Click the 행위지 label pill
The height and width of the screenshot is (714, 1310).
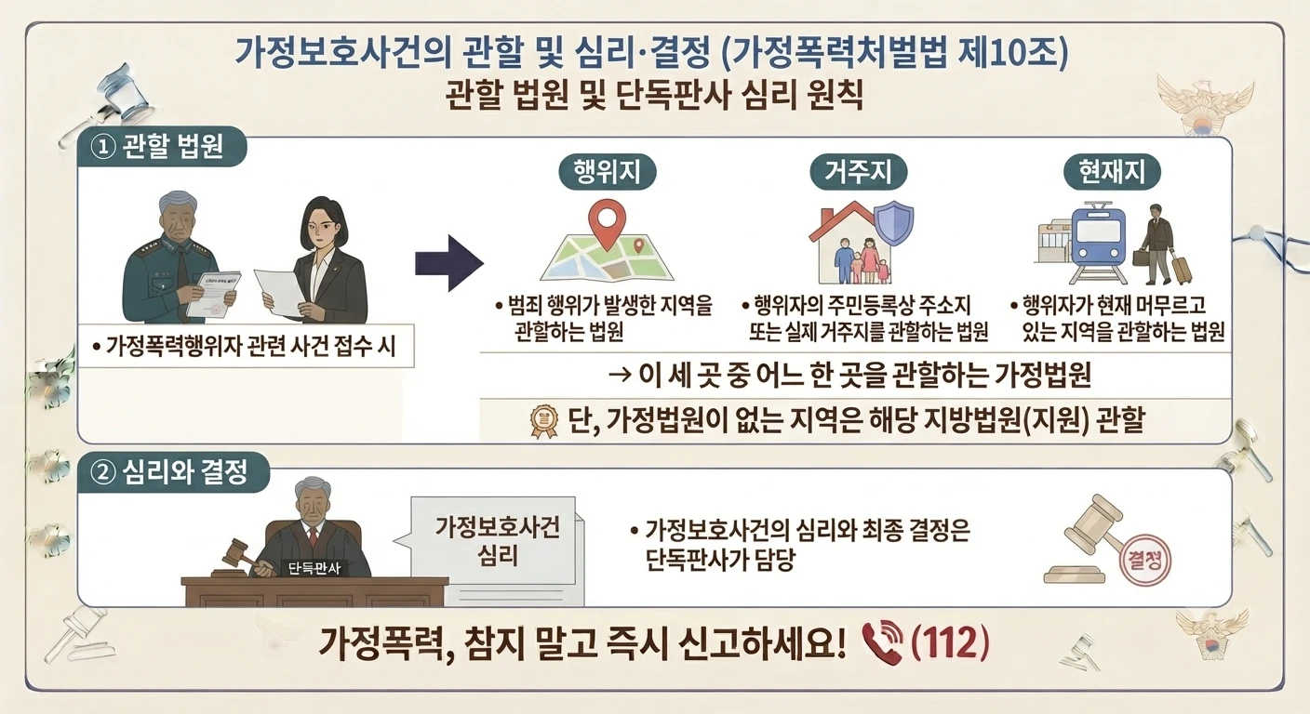tap(607, 172)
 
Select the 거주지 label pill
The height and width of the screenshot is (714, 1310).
tap(858, 172)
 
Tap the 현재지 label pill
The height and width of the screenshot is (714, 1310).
tap(1112, 172)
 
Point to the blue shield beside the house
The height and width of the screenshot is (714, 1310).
tap(894, 226)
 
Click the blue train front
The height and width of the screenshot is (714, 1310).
tap(1098, 240)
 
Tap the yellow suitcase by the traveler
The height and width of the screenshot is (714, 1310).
tap(1181, 269)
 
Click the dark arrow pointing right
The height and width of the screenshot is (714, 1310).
tap(449, 263)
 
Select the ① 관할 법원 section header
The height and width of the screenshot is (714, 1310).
tap(162, 146)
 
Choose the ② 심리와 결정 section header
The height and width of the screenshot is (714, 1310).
tap(174, 471)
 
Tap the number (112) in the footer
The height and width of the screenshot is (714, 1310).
tap(950, 642)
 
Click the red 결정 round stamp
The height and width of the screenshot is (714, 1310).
tap(1144, 562)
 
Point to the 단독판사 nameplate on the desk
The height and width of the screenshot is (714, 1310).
tap(314, 567)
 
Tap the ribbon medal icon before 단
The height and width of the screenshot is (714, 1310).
tap(544, 421)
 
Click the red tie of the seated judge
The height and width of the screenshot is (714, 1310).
tap(315, 537)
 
